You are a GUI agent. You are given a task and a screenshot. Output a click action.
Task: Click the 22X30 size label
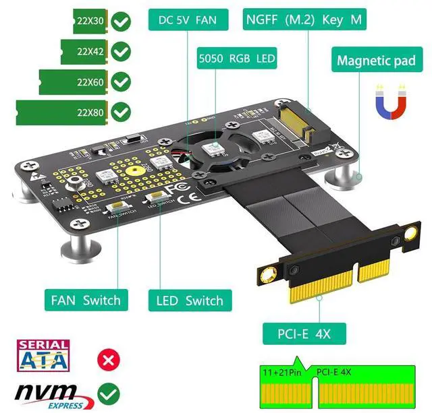tap(89, 22)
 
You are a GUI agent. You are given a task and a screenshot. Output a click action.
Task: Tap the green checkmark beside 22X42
tap(121, 51)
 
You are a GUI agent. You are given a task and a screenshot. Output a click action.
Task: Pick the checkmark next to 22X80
tap(121, 111)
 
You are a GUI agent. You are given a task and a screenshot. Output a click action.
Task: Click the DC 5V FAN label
tap(188, 20)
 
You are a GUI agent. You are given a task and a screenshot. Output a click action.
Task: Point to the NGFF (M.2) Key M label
tap(304, 20)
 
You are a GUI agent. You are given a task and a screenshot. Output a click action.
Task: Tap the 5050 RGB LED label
tap(237, 59)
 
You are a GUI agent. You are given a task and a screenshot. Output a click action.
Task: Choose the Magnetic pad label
tap(376, 61)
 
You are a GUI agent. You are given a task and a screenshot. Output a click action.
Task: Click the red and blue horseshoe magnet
tap(390, 102)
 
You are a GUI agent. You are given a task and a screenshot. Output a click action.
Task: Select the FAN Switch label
tap(85, 300)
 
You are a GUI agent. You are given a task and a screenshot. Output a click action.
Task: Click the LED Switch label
tap(186, 300)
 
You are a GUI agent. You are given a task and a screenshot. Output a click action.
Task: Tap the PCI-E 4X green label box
tap(305, 333)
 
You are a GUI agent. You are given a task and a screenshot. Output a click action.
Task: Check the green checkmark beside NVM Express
tap(107, 392)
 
